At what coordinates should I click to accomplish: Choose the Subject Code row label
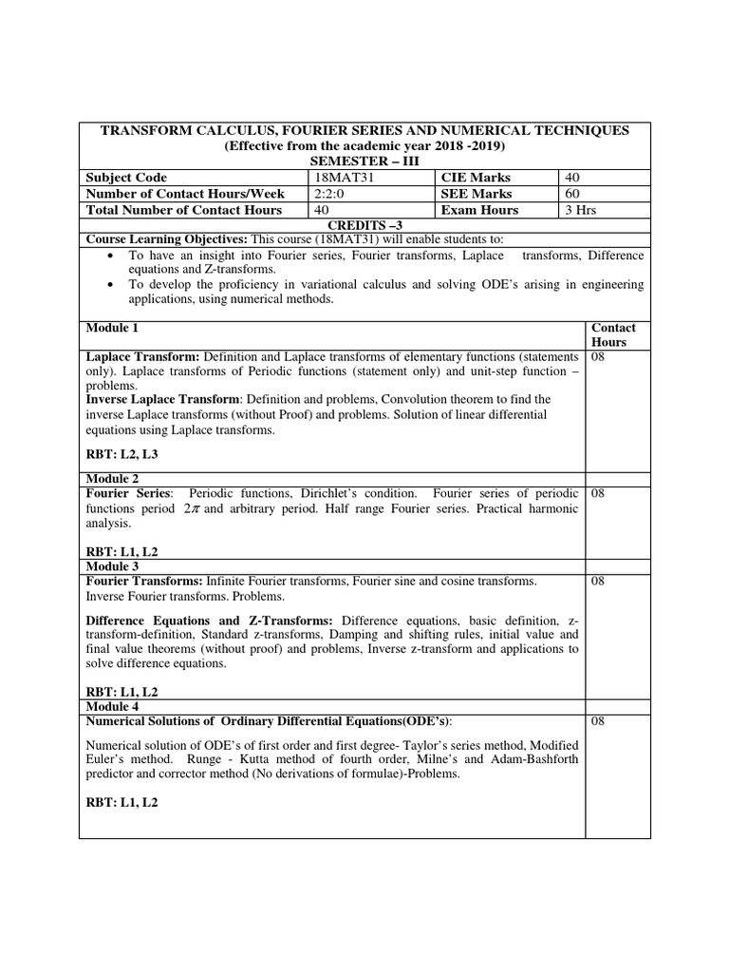pos(126,178)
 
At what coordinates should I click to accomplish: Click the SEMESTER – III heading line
pos(364,162)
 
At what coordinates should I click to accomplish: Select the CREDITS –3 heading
pos(364,223)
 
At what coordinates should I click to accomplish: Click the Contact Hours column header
pos(612,334)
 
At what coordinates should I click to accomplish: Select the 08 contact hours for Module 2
pos(599,494)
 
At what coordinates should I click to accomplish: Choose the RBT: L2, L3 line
pos(122,455)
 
